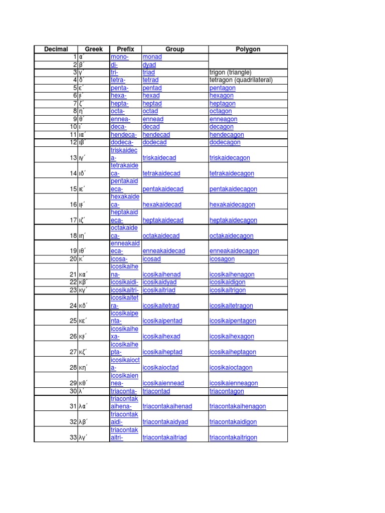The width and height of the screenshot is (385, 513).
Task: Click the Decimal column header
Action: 56,49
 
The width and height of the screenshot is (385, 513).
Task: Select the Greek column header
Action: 93,49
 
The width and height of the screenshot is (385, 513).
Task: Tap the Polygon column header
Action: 248,49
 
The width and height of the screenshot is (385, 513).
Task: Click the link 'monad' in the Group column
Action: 152,57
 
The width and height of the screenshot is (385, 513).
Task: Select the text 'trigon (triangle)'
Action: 230,73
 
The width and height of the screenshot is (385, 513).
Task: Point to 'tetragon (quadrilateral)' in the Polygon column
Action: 241,80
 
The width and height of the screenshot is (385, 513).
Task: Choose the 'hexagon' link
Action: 222,96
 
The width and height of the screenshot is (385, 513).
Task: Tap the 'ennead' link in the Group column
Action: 152,119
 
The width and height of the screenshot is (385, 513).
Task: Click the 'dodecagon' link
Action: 225,142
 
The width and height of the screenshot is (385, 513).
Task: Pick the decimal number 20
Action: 72,259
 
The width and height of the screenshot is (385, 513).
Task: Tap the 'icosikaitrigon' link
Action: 228,290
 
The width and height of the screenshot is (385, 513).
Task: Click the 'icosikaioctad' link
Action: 160,368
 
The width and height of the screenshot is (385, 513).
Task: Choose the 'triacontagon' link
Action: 227,391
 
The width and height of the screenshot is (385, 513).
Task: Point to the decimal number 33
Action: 72,437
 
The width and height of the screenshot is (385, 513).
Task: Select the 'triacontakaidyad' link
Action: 165,422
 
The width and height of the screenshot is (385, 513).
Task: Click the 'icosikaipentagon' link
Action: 233,321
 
